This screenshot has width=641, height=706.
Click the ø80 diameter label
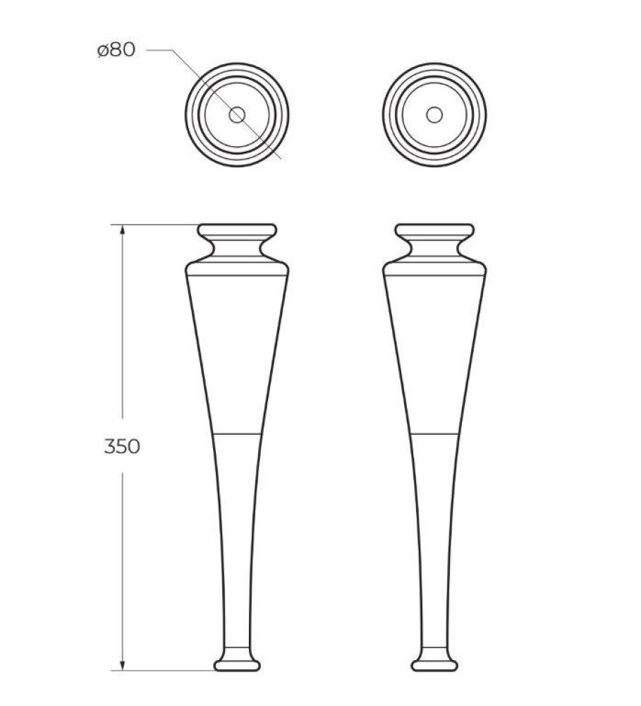tap(116, 51)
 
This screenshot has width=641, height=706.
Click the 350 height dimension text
tap(122, 446)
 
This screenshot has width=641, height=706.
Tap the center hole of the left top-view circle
tap(237, 114)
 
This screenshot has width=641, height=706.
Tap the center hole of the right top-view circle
tap(434, 114)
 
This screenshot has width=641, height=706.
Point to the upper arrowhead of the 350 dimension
tap(123, 229)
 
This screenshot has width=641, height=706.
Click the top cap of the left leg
tap(237, 232)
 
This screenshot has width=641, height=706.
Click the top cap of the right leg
tap(434, 232)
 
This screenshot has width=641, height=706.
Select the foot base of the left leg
tap(237, 664)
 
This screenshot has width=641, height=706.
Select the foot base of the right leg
tap(434, 664)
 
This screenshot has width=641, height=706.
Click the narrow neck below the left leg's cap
tap(237, 249)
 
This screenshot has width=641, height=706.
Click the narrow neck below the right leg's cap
tap(434, 249)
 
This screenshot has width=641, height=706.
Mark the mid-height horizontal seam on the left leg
tap(237, 431)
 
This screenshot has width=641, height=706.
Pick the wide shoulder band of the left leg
tap(237, 268)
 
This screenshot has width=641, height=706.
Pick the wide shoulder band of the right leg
tap(434, 268)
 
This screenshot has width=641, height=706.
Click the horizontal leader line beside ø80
tap(159, 50)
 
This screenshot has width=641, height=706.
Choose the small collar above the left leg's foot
tap(237, 652)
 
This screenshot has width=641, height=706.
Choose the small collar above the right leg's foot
tap(434, 652)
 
